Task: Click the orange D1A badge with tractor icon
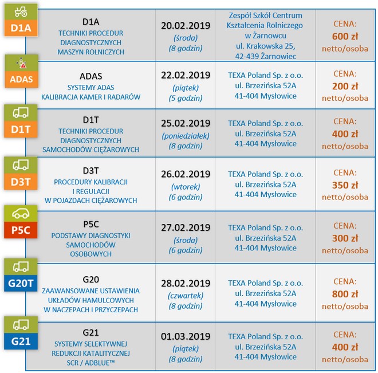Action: tap(21, 20)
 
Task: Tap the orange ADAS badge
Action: tap(21, 72)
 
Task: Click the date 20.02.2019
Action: tap(186, 26)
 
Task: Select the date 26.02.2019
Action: tap(186, 174)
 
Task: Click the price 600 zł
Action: tap(345, 36)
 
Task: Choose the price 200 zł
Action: tap(345, 86)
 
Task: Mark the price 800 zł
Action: tap(345, 295)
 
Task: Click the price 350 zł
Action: tap(345, 185)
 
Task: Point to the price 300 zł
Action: tap(345, 238)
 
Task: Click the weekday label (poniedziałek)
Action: tap(186, 136)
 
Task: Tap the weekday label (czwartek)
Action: tap(186, 295)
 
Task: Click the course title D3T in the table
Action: tap(91, 170)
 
